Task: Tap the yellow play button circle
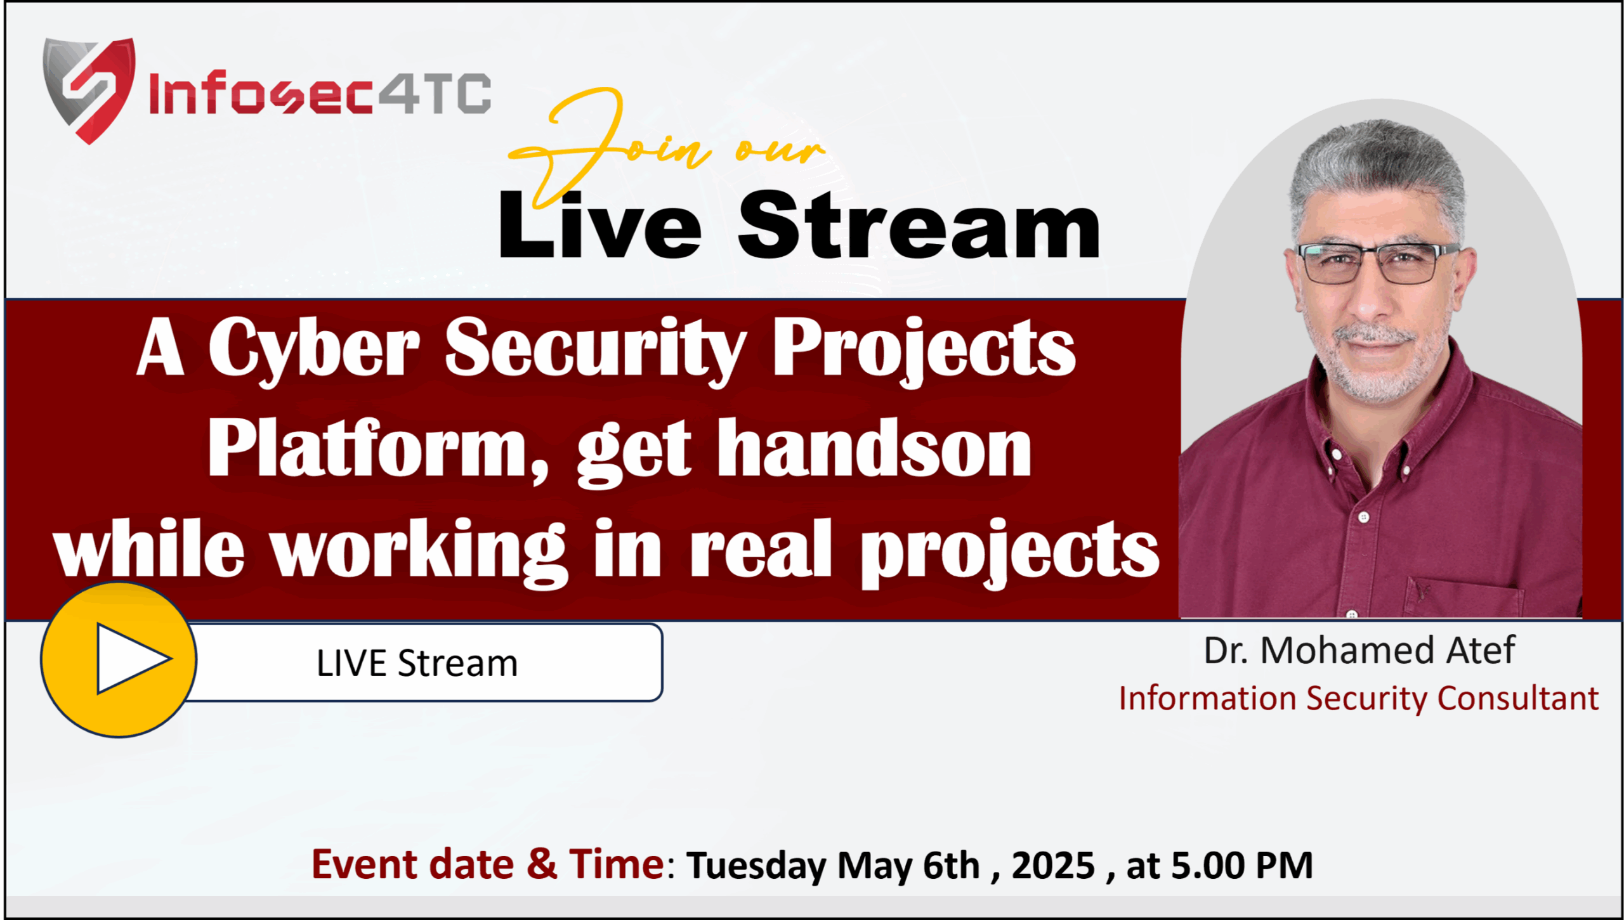pos(119,660)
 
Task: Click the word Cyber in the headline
pos(314,350)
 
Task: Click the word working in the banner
pos(419,551)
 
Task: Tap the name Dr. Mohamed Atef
pos(1359,651)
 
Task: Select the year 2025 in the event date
pos(1053,865)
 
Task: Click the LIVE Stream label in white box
pos(417,664)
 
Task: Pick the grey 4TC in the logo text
pos(435,94)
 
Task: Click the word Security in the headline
pos(595,350)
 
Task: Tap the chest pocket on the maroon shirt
pos(1465,596)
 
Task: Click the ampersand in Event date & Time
pos(542,865)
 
